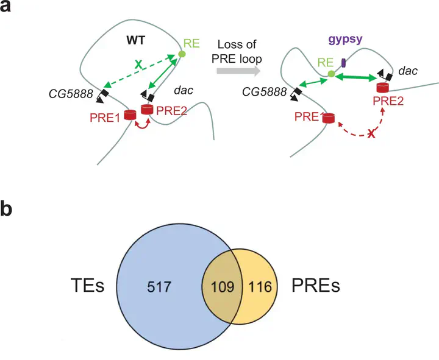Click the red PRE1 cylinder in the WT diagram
[129, 115]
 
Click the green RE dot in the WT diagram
[182, 55]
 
